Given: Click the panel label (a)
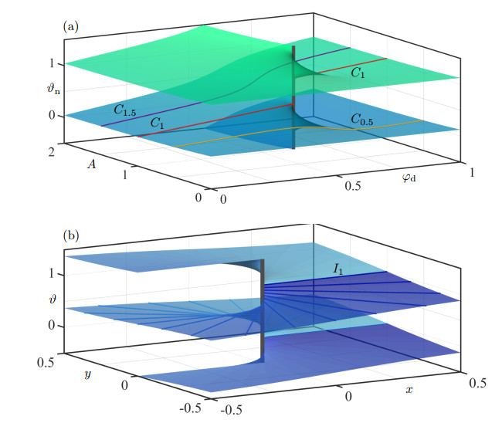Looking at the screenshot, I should click(x=71, y=25).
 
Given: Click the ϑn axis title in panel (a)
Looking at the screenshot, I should click(x=52, y=90).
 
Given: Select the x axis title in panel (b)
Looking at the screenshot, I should click(x=409, y=391).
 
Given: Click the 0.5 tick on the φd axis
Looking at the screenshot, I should click(x=354, y=187).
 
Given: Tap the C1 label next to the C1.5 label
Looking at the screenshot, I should click(x=158, y=123).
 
